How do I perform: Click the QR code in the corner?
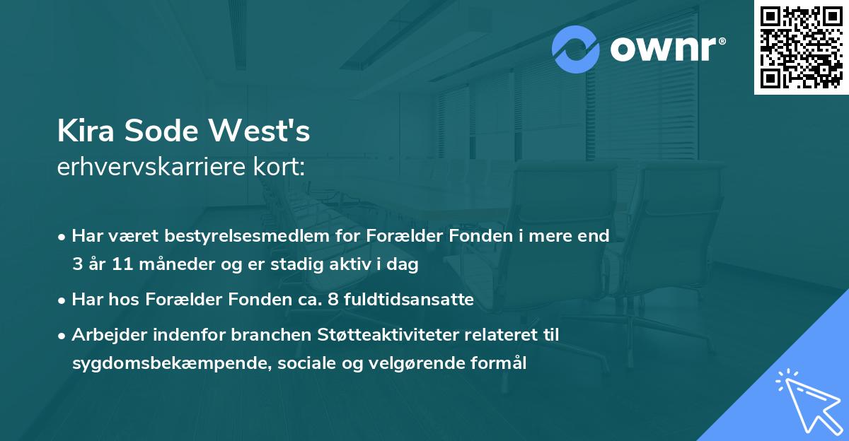(802, 47)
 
